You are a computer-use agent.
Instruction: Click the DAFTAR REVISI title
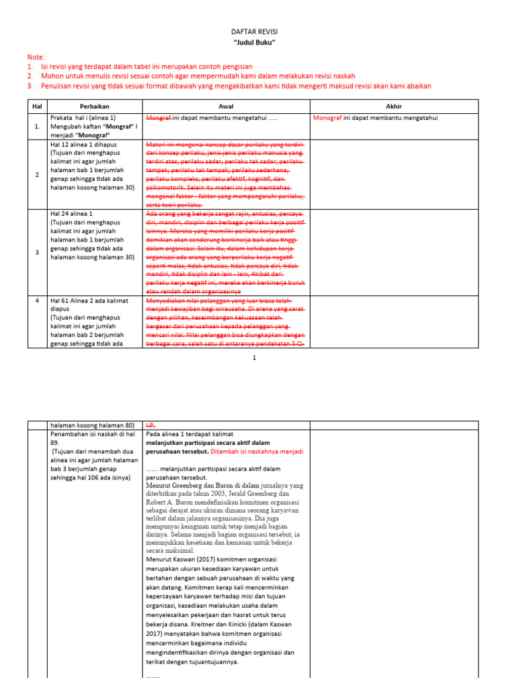(x=254, y=32)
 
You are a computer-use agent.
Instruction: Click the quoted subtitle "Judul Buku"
(x=254, y=43)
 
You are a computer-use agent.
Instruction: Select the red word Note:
(x=36, y=58)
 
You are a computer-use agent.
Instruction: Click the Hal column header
(x=36, y=106)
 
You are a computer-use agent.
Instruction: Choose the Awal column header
(x=226, y=106)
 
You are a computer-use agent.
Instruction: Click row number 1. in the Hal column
(x=37, y=126)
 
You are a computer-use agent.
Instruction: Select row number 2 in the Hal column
(x=37, y=174)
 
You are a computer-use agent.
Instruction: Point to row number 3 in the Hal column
(x=37, y=252)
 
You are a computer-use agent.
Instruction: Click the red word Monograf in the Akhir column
(x=327, y=118)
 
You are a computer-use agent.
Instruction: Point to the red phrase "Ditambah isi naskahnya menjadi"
(x=257, y=451)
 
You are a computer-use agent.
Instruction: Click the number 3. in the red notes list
(x=30, y=85)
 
